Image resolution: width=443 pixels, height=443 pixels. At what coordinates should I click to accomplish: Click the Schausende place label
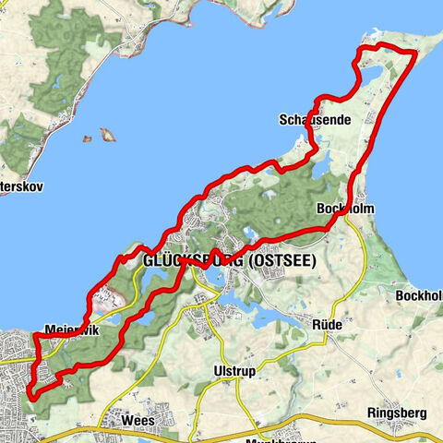click(306, 120)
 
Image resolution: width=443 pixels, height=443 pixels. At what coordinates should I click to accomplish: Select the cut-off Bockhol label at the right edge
click(420, 296)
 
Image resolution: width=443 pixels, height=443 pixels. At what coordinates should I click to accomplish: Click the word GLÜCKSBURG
click(193, 261)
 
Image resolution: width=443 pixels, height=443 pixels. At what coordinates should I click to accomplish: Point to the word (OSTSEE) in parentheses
click(281, 261)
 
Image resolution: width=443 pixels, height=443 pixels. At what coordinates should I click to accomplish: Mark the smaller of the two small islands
click(86, 140)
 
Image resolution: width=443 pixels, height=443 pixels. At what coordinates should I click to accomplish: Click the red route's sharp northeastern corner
click(415, 54)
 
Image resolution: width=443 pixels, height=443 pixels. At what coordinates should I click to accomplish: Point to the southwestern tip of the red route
click(33, 394)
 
